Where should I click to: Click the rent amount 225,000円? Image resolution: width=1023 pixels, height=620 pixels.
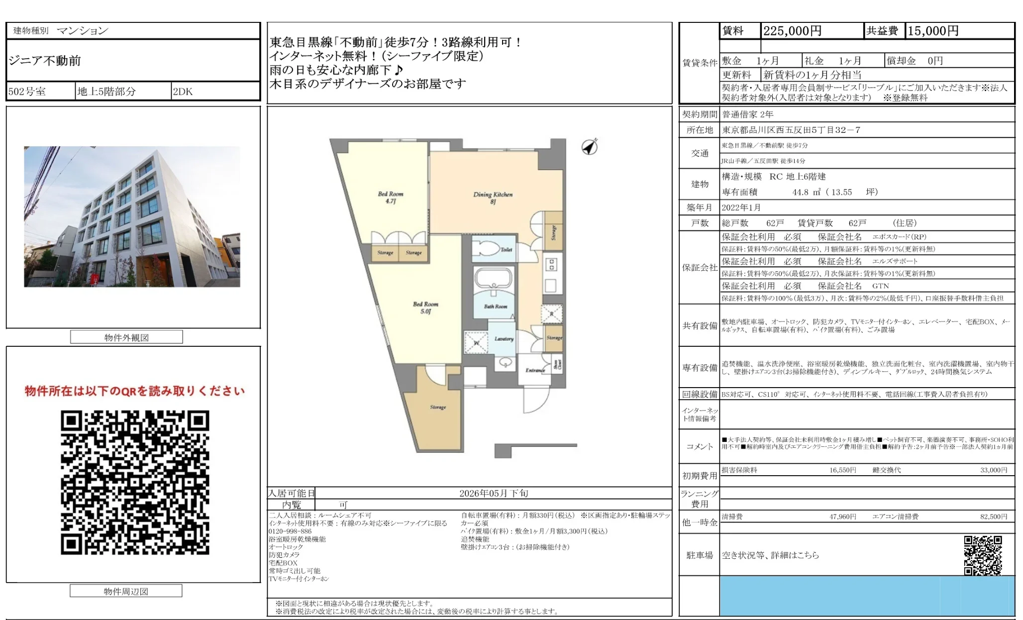[792, 31]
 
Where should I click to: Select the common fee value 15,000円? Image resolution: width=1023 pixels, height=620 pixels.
[933, 31]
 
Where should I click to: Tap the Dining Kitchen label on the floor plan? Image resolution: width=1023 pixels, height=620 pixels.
[493, 198]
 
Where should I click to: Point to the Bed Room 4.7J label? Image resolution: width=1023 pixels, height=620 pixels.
[391, 197]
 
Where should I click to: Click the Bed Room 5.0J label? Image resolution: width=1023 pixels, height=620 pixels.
[425, 308]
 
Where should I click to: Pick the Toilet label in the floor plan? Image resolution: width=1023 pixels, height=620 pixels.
[506, 250]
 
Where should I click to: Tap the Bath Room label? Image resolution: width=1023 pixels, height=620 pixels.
[496, 307]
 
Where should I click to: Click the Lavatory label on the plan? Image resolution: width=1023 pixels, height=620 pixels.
[504, 339]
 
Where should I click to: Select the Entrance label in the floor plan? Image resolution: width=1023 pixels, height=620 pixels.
[535, 370]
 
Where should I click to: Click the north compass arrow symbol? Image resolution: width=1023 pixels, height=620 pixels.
[590, 147]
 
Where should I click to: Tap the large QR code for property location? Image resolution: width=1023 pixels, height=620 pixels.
[135, 482]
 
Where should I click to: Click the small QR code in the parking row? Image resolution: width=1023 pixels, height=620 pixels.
[983, 555]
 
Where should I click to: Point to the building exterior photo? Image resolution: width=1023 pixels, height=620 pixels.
[132, 216]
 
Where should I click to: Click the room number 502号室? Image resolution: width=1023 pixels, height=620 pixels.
[27, 92]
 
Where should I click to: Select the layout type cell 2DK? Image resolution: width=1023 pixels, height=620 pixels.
[183, 92]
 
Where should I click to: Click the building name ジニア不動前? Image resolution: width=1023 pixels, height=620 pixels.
[45, 61]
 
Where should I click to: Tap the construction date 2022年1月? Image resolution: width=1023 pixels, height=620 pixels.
[741, 207]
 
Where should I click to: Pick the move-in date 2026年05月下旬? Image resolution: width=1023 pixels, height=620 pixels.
[494, 493]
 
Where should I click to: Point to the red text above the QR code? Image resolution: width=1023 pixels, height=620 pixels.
[135, 391]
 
